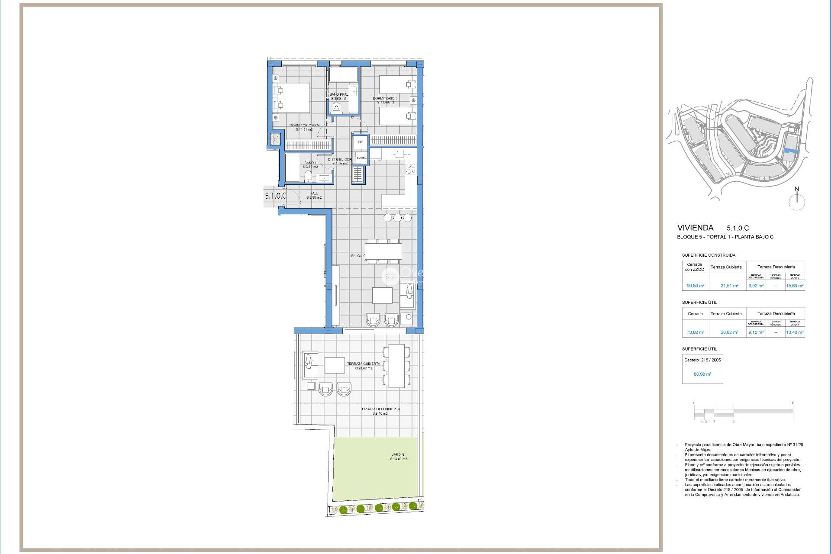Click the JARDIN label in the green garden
click(x=397, y=455)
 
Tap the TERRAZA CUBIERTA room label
click(x=364, y=364)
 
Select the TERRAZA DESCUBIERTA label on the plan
click(x=380, y=409)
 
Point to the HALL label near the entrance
click(x=314, y=194)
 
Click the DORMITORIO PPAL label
click(x=305, y=126)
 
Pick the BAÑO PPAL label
click(x=338, y=94)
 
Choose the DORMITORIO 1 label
click(x=384, y=99)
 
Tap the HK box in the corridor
click(x=361, y=142)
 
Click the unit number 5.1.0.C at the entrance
click(x=275, y=196)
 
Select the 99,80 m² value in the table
click(x=695, y=286)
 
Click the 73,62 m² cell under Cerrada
click(x=695, y=333)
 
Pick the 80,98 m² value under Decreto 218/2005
click(x=702, y=374)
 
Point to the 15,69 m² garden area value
click(x=795, y=286)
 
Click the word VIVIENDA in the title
click(x=695, y=228)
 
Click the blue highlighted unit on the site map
click(x=791, y=151)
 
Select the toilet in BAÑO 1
click(x=308, y=176)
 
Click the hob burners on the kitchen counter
click(x=411, y=168)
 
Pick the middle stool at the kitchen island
click(x=397, y=218)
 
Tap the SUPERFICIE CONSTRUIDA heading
click(x=709, y=255)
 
